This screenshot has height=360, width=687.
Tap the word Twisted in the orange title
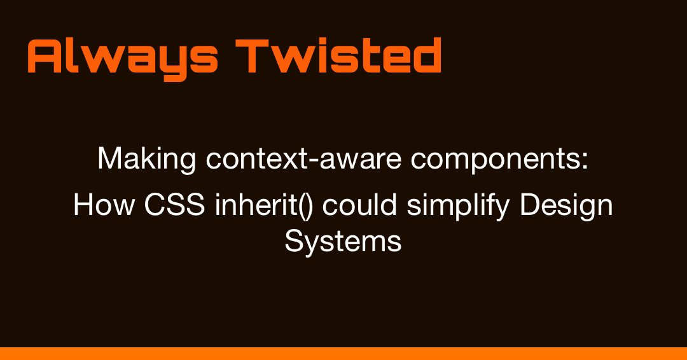pyautogui.click(x=339, y=56)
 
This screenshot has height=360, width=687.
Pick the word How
pyautogui.click(x=96, y=205)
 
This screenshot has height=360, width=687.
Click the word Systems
pyautogui.click(x=343, y=242)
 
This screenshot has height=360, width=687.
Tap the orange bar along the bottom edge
pyautogui.click(x=343, y=354)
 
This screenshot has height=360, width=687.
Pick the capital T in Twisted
pyautogui.click(x=252, y=56)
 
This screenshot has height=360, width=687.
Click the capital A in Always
pyautogui.click(x=45, y=56)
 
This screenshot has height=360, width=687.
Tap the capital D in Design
pyautogui.click(x=532, y=205)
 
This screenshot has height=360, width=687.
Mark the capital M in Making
pyautogui.click(x=109, y=158)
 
